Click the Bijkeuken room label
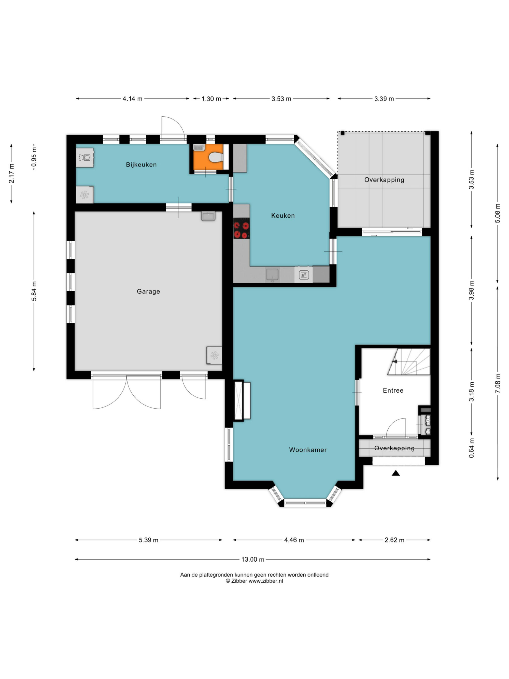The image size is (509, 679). click(141, 164)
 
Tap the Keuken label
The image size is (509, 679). click(282, 215)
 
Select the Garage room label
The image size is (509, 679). click(148, 291)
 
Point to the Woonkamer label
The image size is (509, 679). click(307, 450)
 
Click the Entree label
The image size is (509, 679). click(393, 391)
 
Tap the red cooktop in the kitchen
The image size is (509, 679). click(241, 228)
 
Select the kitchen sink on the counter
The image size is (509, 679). click(272, 274)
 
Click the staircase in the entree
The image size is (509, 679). click(409, 361)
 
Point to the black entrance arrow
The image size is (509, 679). click(395, 473)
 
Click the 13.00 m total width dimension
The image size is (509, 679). click(252, 559)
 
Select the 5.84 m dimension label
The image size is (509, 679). click(34, 291)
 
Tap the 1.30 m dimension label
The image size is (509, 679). click(211, 99)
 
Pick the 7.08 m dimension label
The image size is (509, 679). click(498, 383)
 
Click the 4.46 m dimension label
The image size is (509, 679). click(294, 540)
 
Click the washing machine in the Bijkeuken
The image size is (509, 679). click(85, 158)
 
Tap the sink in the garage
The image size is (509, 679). click(208, 216)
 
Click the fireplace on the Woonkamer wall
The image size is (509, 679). click(242, 400)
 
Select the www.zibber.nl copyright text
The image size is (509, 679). click(254, 581)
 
